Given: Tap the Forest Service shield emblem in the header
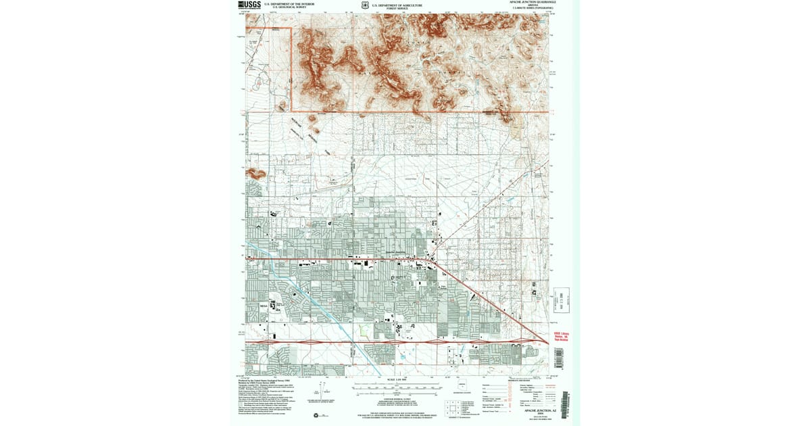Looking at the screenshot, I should click(365, 6).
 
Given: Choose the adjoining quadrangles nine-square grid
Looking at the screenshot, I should click(451, 408).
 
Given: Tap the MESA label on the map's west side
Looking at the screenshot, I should click(264, 306).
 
